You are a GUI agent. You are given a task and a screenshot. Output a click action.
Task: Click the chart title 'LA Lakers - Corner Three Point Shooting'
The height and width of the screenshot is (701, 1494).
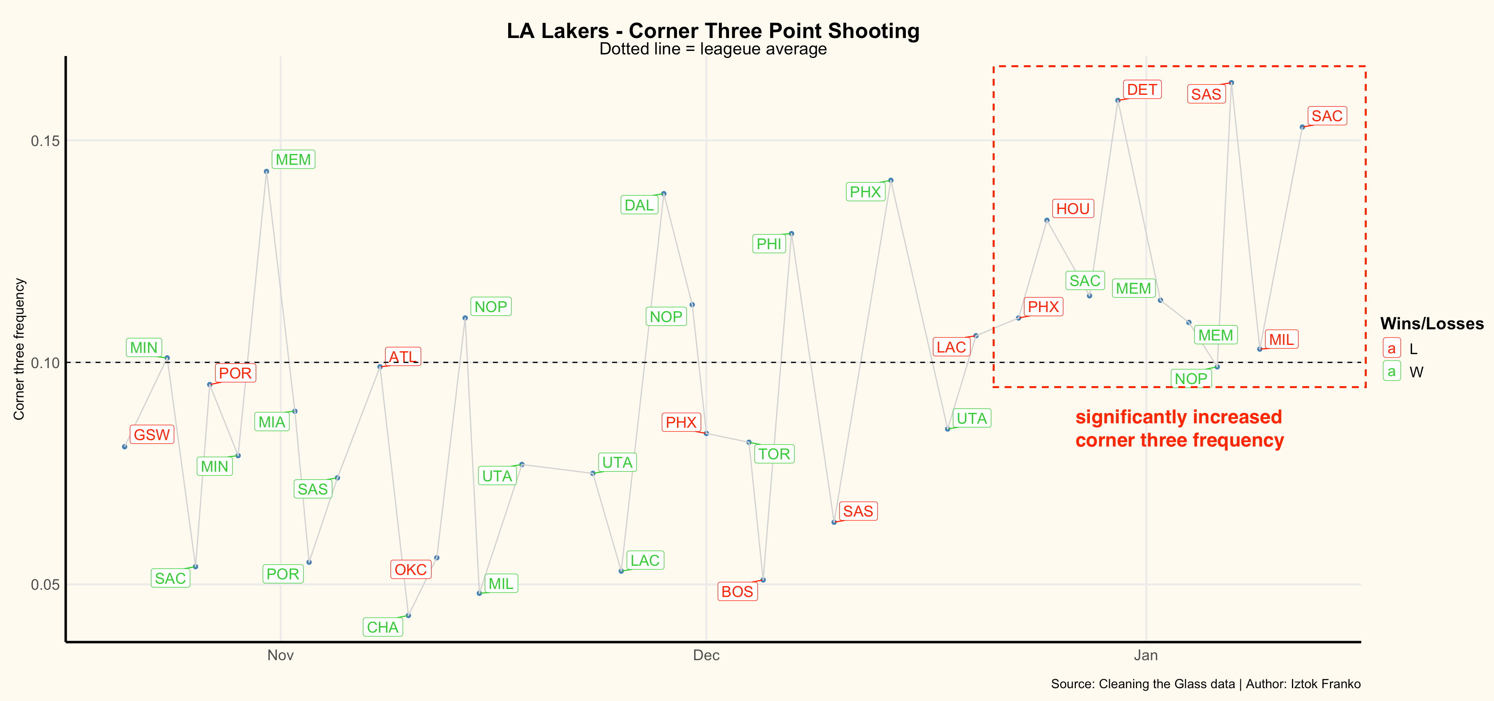tap(713, 31)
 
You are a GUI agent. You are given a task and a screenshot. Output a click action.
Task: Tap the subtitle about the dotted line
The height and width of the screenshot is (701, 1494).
tap(713, 49)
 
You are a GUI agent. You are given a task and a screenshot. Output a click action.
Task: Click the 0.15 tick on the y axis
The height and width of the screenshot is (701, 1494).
tap(45, 141)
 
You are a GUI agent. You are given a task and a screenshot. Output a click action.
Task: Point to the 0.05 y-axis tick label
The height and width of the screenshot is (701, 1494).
tap(45, 585)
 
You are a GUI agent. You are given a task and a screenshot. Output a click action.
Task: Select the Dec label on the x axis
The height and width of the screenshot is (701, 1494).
tap(706, 655)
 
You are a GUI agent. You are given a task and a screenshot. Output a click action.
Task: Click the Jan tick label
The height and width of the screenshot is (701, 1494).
tap(1146, 655)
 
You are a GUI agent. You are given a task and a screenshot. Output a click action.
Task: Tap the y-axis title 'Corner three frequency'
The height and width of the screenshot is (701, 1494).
tap(19, 349)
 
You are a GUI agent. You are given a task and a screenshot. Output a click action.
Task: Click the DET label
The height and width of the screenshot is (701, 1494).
tap(1142, 90)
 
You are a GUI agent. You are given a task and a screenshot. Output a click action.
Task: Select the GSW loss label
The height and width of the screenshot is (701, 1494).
tap(152, 435)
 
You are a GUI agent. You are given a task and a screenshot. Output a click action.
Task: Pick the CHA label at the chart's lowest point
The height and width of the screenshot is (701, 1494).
tap(383, 627)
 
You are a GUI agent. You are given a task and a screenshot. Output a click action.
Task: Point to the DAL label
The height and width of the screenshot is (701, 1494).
tap(639, 205)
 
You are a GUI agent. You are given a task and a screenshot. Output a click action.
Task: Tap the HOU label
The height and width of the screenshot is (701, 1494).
tap(1073, 209)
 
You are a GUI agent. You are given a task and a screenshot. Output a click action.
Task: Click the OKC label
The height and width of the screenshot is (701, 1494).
tap(411, 570)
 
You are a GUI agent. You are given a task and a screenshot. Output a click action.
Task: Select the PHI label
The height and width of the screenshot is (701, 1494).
tap(769, 244)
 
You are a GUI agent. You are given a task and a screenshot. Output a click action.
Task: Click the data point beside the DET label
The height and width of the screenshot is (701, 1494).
tap(1117, 100)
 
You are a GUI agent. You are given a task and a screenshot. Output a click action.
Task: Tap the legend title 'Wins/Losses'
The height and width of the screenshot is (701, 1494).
tap(1431, 324)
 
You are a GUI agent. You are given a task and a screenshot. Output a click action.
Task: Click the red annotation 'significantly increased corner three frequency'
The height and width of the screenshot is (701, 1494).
tap(1179, 429)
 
